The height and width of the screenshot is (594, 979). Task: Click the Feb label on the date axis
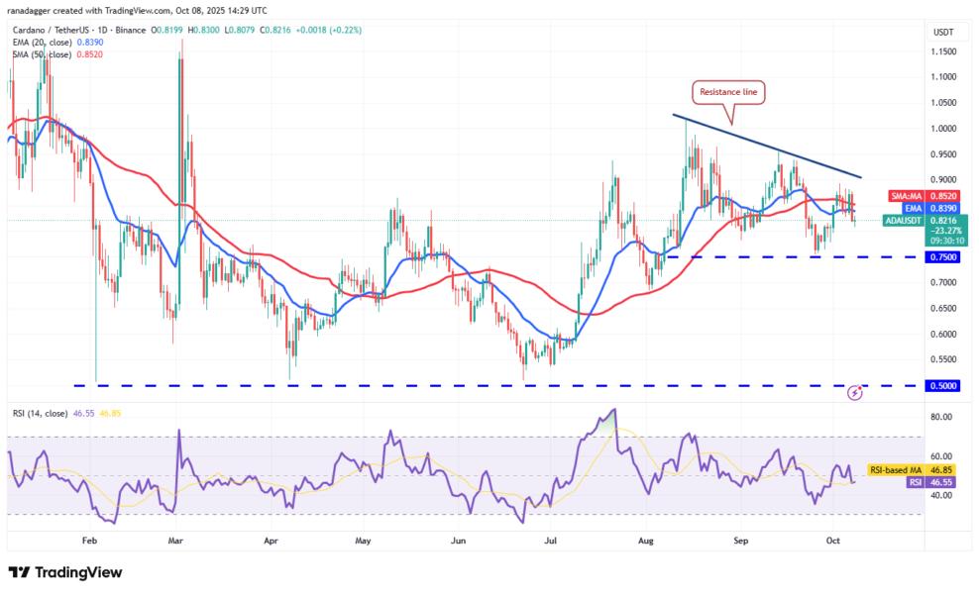[x=89, y=542]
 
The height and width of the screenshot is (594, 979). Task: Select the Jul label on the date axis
[x=550, y=542]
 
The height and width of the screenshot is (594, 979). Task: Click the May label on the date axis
[x=363, y=542]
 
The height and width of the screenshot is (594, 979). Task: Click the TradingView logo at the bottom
[x=65, y=572]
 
